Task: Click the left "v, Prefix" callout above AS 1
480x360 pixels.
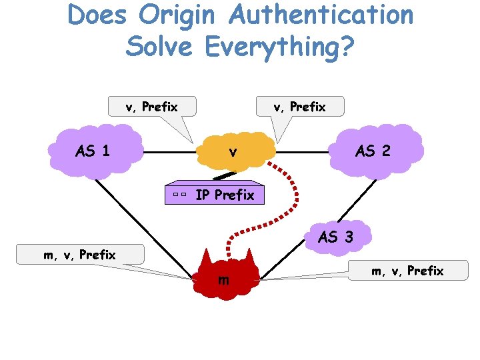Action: [x=152, y=106]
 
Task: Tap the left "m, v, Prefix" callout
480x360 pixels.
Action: [x=79, y=254]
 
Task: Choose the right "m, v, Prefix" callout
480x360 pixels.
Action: [x=407, y=270]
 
